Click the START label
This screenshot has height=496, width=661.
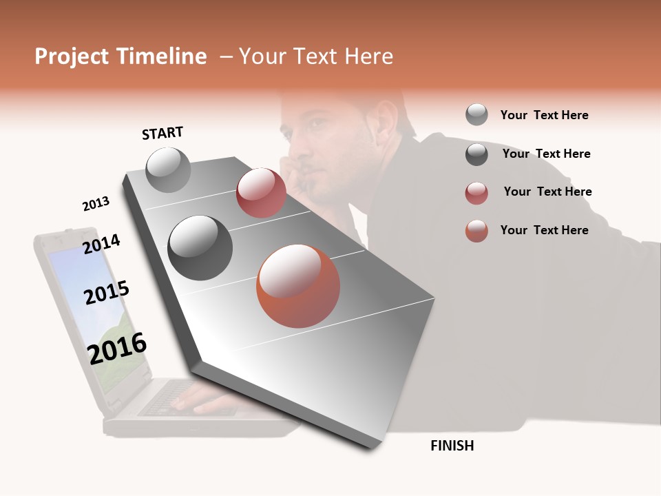click(162, 133)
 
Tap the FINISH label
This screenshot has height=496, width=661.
click(452, 446)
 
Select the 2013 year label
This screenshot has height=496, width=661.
click(96, 204)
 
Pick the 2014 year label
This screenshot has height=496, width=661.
click(101, 244)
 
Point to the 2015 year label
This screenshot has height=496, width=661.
click(107, 293)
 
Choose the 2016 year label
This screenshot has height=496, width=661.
click(117, 348)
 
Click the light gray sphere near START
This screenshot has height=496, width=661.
click(168, 169)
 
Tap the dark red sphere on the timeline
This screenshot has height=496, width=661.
click(261, 193)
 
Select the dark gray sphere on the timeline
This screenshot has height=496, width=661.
click(200, 248)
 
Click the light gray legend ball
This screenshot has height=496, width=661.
click(476, 115)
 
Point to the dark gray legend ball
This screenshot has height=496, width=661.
click(476, 154)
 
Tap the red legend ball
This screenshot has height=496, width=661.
click(476, 193)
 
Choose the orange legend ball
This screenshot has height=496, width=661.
click(476, 231)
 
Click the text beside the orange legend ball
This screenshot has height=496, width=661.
click(544, 230)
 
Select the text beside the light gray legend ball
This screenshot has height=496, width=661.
click(544, 115)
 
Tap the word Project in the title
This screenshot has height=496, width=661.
click(72, 56)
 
